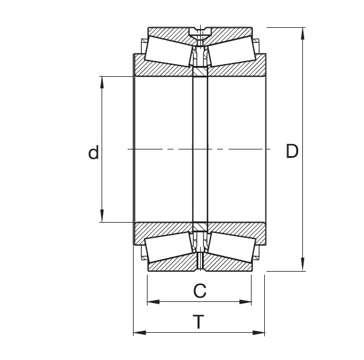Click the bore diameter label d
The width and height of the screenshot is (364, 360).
click(93, 153)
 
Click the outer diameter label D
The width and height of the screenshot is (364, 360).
click(292, 151)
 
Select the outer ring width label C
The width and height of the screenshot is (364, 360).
click(199, 291)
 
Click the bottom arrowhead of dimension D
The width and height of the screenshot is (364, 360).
click(302, 266)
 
